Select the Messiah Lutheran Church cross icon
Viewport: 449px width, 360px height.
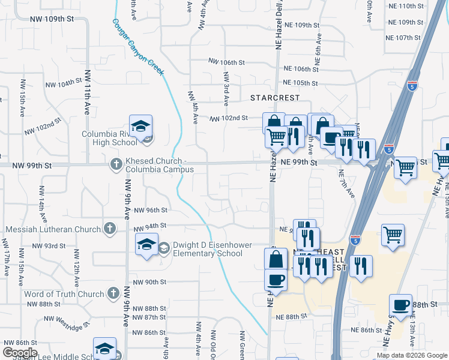[x=109, y=228]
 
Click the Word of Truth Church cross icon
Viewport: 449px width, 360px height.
[x=113, y=293]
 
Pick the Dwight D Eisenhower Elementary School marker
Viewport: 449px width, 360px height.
[x=146, y=245]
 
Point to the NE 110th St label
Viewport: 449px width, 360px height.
[x=406, y=6]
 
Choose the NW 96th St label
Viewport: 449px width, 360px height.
[x=150, y=211]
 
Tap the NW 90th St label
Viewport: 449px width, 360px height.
[x=149, y=282]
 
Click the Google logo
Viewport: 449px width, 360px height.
[x=20, y=353]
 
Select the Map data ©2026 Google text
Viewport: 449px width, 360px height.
[x=412, y=355]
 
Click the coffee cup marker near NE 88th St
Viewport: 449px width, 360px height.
[x=400, y=305]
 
